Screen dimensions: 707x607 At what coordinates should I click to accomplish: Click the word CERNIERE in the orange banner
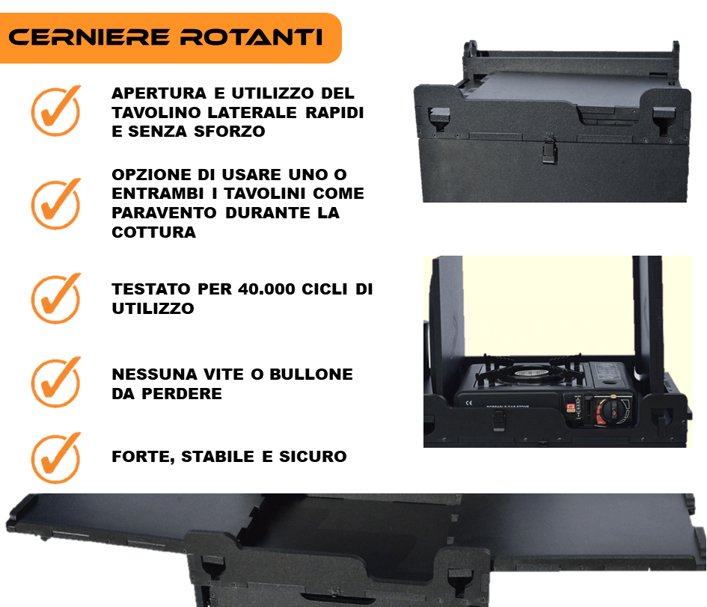89,37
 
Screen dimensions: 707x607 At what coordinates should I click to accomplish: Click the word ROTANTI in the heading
251,37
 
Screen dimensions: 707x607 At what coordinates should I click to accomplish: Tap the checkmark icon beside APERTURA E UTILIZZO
56,111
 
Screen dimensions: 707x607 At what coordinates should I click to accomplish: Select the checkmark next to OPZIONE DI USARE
56,203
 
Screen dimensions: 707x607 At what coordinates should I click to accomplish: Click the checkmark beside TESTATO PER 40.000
56,298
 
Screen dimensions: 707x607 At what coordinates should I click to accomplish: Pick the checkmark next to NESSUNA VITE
56,383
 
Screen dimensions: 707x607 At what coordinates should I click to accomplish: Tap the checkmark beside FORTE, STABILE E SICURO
56,458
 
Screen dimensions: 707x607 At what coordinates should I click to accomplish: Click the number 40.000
266,289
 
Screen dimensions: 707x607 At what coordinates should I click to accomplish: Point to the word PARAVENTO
164,213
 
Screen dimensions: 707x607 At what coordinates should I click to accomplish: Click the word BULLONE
311,374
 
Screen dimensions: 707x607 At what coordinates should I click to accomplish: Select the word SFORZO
230,131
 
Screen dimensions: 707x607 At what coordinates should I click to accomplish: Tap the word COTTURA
154,232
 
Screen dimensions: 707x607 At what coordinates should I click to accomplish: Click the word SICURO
313,457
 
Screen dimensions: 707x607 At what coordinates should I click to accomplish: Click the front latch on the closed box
549,150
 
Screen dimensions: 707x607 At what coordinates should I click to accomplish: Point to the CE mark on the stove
469,402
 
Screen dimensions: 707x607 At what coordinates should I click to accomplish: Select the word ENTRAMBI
158,194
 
